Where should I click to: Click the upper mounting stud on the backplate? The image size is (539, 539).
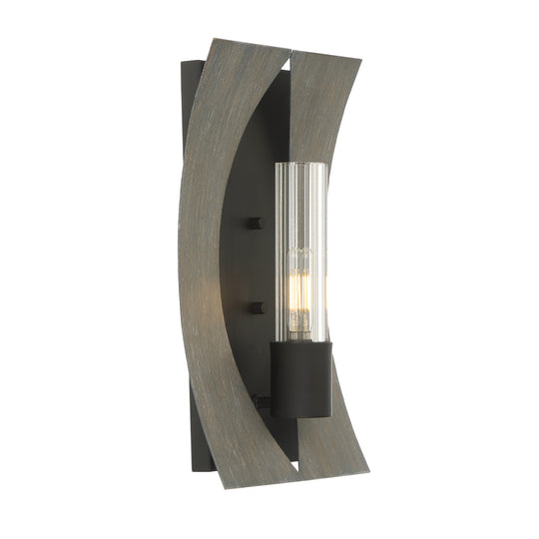coord(256,223)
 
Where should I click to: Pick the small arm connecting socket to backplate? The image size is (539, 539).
coord(265,402)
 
